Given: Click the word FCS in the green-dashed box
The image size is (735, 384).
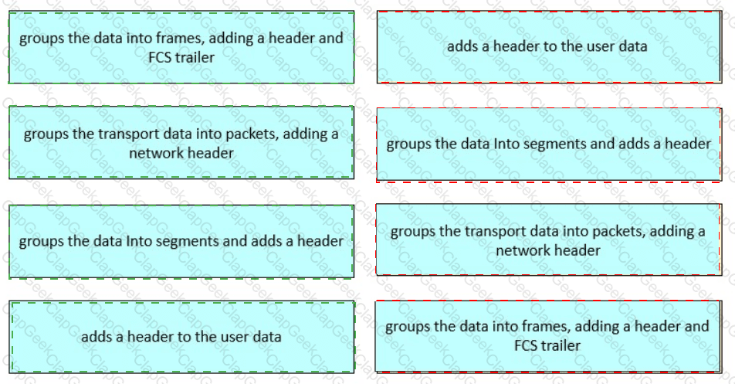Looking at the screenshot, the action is (x=159, y=57).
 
